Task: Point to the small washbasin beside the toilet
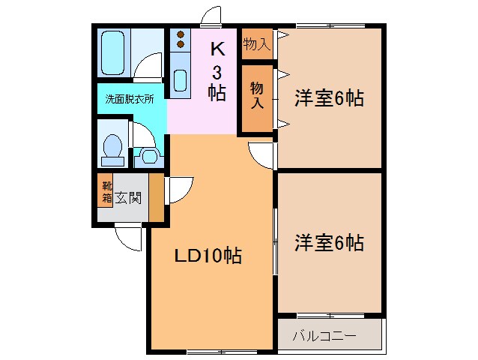148,157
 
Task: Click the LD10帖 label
208,256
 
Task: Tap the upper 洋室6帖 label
329,98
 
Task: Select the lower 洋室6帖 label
329,243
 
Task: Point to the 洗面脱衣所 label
129,98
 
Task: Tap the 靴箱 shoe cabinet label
107,193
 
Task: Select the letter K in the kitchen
217,49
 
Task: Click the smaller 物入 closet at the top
256,45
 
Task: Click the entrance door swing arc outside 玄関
130,238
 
